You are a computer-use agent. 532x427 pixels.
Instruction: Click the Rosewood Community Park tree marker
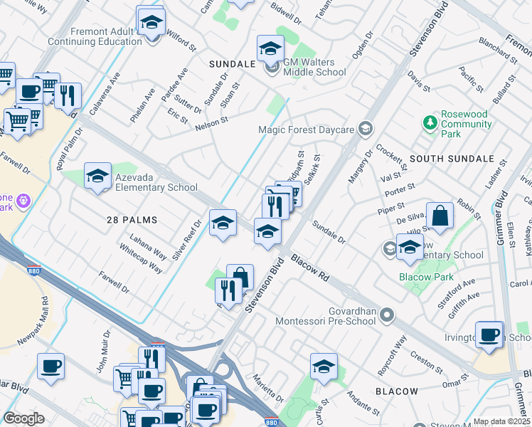[x=430, y=123]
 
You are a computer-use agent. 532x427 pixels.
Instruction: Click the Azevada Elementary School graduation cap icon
[x=97, y=176]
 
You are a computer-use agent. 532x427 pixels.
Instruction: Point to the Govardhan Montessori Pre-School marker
[x=387, y=314]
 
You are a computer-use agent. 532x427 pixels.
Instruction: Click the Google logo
[x=23, y=418]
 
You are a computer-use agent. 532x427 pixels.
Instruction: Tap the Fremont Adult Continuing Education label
[x=95, y=36]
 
